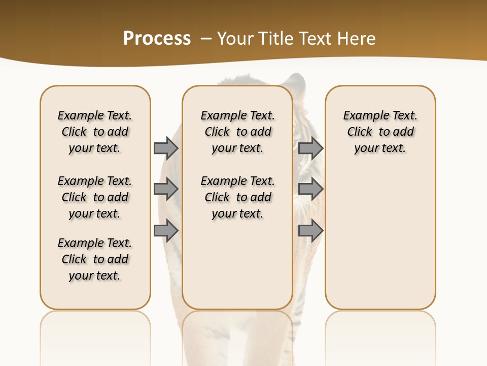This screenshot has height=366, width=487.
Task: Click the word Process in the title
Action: click(x=157, y=39)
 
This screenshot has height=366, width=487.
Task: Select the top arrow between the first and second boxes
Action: click(x=165, y=148)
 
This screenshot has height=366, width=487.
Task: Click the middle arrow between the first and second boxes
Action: click(x=165, y=189)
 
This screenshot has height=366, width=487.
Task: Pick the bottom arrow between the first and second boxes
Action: click(x=165, y=230)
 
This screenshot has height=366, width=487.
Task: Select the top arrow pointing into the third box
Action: click(x=310, y=148)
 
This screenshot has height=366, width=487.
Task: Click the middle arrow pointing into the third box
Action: click(x=310, y=189)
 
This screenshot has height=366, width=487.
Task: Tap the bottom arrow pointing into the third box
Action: click(x=310, y=230)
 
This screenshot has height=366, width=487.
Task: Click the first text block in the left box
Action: click(x=95, y=132)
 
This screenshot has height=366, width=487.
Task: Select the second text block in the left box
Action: click(x=95, y=197)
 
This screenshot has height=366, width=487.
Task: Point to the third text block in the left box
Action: click(x=95, y=259)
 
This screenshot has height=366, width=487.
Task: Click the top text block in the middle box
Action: click(x=237, y=132)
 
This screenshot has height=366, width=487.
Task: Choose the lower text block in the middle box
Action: click(x=237, y=197)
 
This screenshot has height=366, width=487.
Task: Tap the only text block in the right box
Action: click(x=380, y=132)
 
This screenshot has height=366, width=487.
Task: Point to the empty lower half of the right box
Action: click(x=380, y=244)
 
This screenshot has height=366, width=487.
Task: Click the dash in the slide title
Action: click(x=205, y=39)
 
